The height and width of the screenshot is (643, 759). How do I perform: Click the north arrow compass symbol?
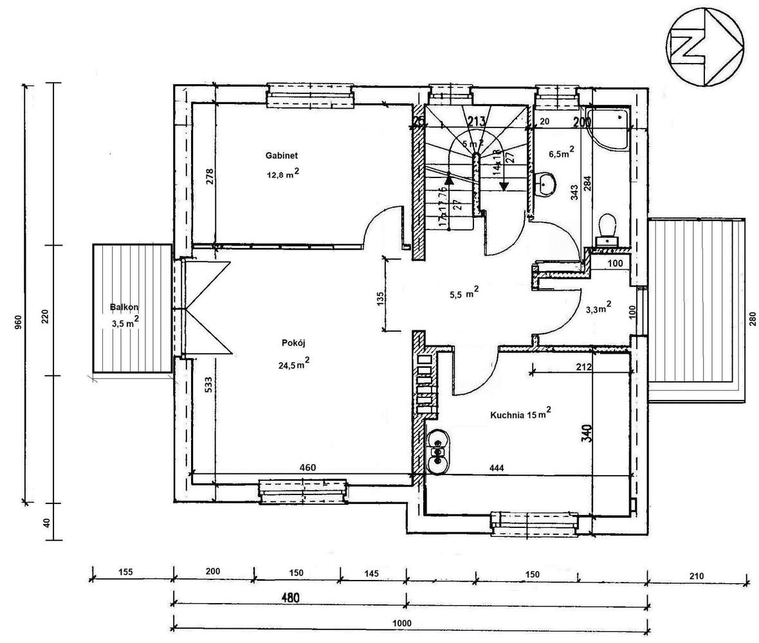tap(706, 46)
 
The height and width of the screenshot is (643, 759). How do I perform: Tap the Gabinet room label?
tap(280, 156)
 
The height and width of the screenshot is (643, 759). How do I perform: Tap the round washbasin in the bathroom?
tap(546, 185)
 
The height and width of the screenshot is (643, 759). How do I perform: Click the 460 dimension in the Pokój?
tap(307, 467)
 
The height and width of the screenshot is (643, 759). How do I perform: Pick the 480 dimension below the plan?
tap(289, 597)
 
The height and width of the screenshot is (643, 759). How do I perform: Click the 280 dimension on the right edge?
tap(752, 319)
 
